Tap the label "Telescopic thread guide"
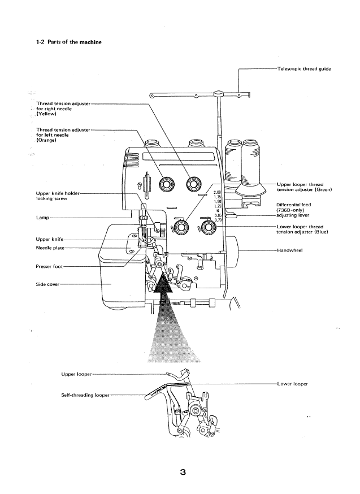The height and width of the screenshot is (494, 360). tap(303, 69)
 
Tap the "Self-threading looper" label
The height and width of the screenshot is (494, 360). tap(85, 395)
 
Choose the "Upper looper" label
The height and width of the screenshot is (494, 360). tap(76, 374)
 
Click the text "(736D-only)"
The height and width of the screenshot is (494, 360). tap(292, 210)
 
